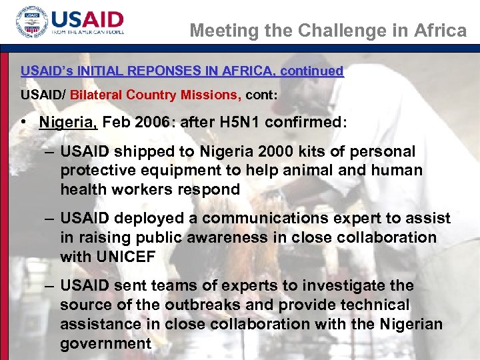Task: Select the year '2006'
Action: [x=150, y=122]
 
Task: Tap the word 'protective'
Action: [x=97, y=171]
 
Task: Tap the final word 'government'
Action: [x=105, y=343]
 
